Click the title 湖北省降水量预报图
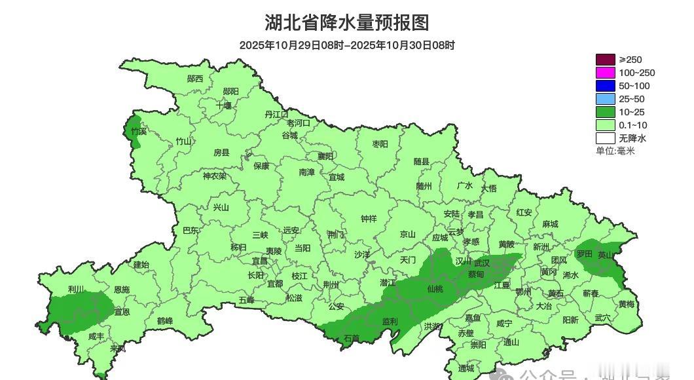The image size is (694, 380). pos(347,23)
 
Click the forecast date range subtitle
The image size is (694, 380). pos(347,45)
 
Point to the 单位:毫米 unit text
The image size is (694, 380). pos(615,151)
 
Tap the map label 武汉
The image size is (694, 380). pos(481,262)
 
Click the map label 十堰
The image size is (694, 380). pos(224,105)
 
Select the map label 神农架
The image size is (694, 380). pos(214,176)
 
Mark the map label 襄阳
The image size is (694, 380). pos(325,156)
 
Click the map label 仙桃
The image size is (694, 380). pos(435,289)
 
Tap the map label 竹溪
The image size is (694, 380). pos(139,131)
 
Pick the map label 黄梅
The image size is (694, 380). pos(626,304)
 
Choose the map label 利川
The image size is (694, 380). pos(76,289)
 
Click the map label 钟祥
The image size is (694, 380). pos(369,219)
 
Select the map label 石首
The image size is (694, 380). pos(352,338)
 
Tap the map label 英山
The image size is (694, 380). pos(607,255)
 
